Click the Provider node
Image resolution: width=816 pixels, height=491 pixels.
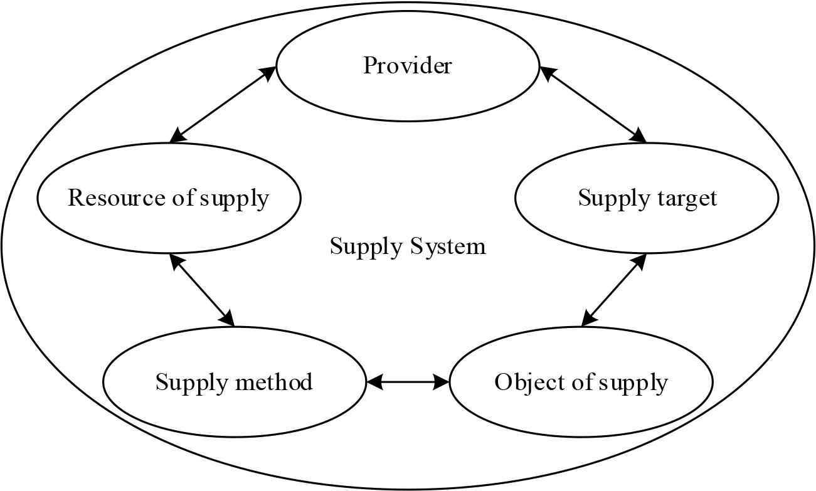click(407, 66)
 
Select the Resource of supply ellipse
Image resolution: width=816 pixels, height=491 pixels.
click(168, 198)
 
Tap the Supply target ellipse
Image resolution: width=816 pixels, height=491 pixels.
click(647, 198)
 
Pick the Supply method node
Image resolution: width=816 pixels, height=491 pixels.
click(234, 382)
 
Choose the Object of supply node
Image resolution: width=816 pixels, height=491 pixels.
click(581, 382)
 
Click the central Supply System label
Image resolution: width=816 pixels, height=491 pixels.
click(408, 246)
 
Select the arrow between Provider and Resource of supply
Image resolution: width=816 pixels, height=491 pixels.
click(223, 104)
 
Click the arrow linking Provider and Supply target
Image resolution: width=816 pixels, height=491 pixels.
click(593, 105)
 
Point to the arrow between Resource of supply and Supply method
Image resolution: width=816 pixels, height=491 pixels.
click(202, 290)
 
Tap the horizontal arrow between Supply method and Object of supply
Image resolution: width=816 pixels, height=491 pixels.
click(408, 381)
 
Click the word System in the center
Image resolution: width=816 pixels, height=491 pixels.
click(448, 246)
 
